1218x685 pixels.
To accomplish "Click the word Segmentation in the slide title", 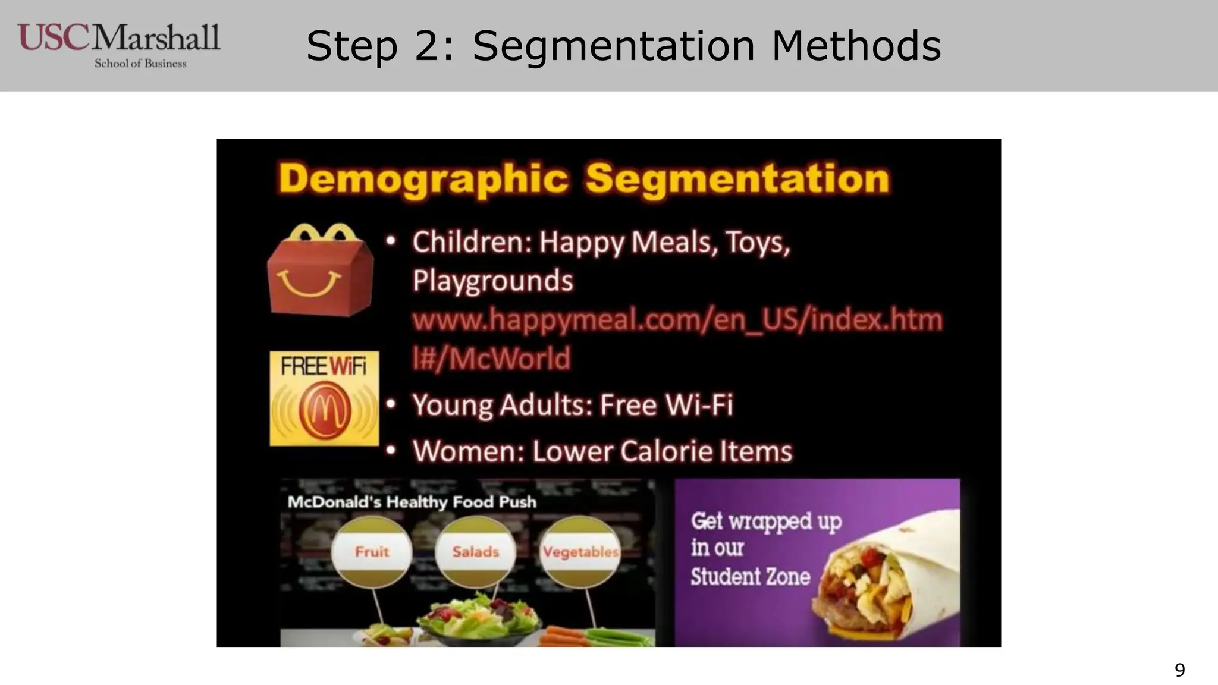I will [x=613, y=46].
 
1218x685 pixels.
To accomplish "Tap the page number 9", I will [x=1179, y=670].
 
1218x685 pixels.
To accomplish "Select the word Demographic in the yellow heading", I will [x=423, y=178].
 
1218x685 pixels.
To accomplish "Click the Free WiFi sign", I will [x=324, y=398].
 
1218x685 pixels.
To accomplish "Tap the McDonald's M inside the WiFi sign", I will [x=325, y=409].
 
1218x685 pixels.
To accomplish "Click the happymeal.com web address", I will [x=677, y=320].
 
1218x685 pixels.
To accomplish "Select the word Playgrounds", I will [x=492, y=281].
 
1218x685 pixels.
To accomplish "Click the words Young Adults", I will [x=502, y=406].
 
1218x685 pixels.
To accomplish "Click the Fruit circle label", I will [x=372, y=552].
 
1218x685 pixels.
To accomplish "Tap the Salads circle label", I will [x=475, y=552].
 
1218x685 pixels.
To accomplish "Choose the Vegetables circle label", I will [x=580, y=552].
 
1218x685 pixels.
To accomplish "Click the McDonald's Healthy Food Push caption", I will [x=412, y=502].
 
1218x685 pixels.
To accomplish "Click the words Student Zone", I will [x=750, y=577].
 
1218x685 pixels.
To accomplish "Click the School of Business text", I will [x=140, y=64].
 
